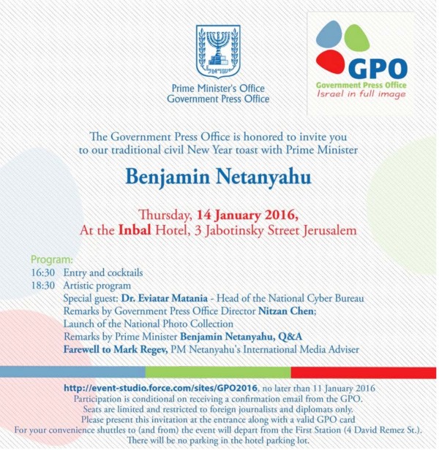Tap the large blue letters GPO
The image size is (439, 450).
click(x=378, y=68)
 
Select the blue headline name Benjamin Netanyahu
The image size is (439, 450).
click(x=218, y=178)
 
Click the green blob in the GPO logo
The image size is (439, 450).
click(x=356, y=37)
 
